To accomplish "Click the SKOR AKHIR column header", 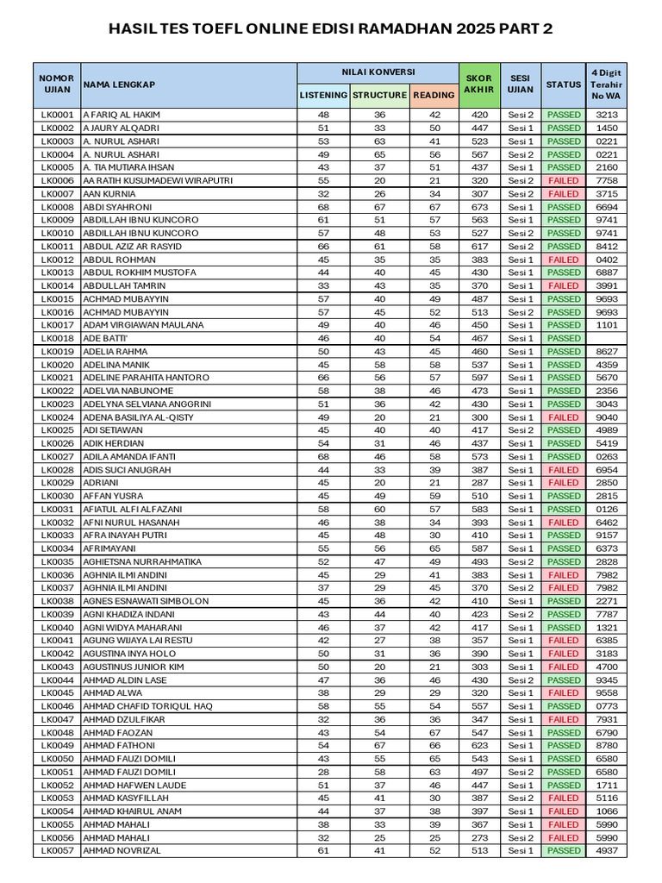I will (x=478, y=85).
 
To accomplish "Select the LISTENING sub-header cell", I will (x=323, y=95).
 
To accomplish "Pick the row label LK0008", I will (x=57, y=207).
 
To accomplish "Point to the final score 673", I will (x=478, y=207).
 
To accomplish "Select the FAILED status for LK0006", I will (x=564, y=181).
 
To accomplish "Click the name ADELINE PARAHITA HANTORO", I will (x=146, y=378).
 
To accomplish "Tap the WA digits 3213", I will (x=607, y=115).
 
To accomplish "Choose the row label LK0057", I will (x=57, y=851).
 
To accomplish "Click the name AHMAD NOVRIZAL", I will (x=122, y=851).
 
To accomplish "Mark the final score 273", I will (x=478, y=838).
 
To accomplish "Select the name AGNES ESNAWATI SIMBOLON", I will (x=146, y=601).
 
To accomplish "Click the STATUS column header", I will (x=564, y=85).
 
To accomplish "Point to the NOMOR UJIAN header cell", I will (x=57, y=85).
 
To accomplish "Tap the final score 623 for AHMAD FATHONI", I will (x=478, y=746).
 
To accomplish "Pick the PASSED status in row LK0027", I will (x=564, y=457).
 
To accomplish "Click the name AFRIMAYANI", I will (x=109, y=548).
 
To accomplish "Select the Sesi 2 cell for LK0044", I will (x=521, y=680).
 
